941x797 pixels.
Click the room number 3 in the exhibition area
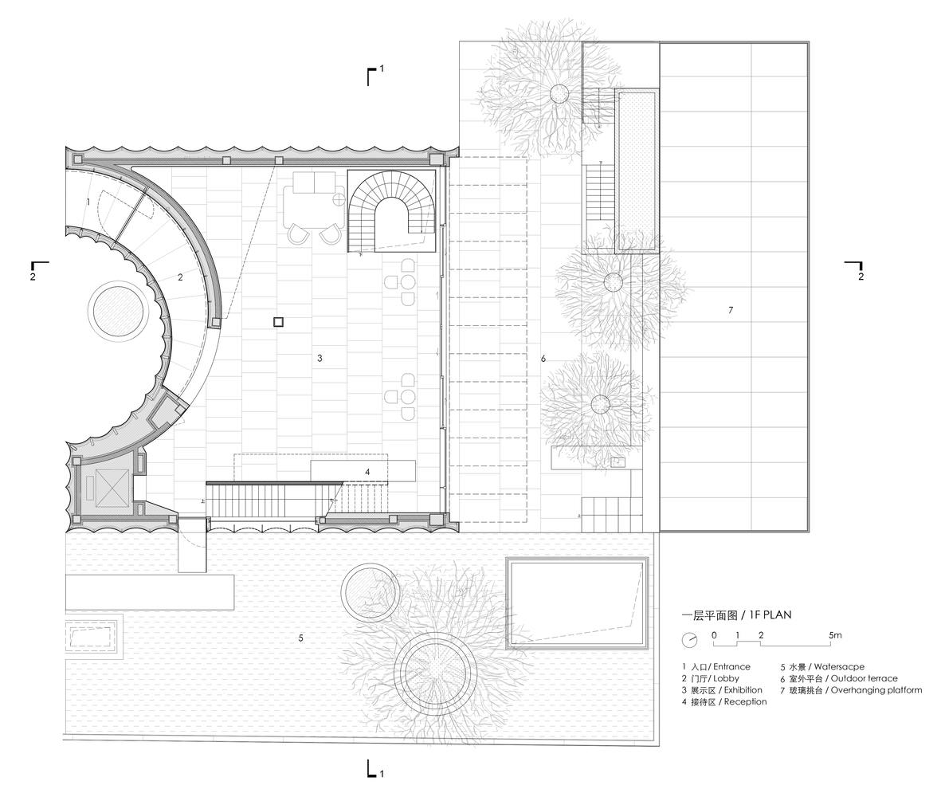point(320,359)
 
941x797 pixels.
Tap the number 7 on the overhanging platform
point(731,310)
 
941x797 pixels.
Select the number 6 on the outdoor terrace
point(543,359)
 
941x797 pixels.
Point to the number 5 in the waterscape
point(300,638)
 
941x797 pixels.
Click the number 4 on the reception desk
point(367,473)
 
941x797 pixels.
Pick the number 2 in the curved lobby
point(180,277)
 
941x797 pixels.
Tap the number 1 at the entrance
point(88,202)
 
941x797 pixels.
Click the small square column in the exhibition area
point(278,322)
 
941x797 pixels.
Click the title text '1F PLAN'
point(770,615)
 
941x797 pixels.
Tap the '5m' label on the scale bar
point(835,635)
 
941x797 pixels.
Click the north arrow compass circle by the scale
point(690,640)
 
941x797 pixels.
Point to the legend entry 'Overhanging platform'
point(876,690)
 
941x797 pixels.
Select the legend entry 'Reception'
point(745,701)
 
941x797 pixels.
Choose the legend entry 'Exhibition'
point(743,690)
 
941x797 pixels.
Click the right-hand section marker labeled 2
point(855,270)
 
